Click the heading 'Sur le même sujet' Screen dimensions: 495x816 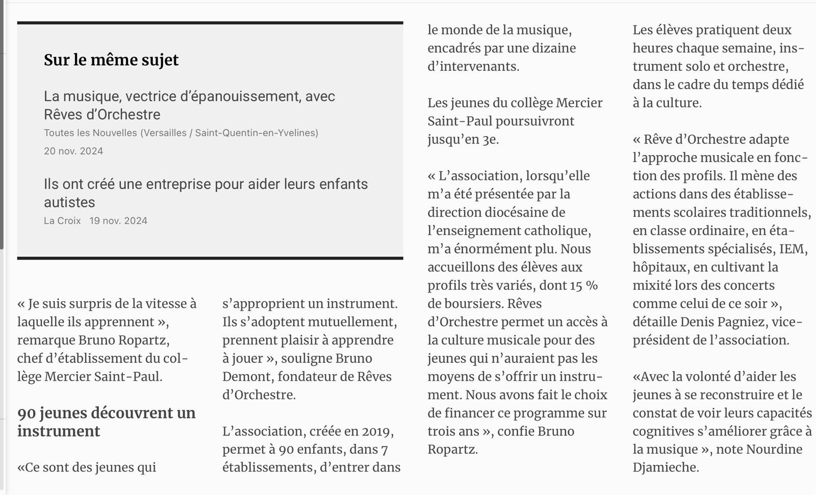[x=111, y=60]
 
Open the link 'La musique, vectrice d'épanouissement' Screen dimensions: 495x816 [x=189, y=105]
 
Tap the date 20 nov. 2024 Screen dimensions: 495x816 [x=73, y=151]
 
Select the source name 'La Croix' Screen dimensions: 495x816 [x=62, y=221]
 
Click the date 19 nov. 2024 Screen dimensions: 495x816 [x=118, y=221]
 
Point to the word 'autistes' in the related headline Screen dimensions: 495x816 [x=69, y=202]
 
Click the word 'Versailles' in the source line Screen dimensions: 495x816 [x=166, y=133]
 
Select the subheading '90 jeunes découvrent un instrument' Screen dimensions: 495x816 [x=106, y=422]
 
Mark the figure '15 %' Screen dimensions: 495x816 [x=584, y=285]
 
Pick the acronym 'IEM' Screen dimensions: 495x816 [x=792, y=249]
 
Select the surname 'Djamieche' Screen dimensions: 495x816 [x=665, y=467]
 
